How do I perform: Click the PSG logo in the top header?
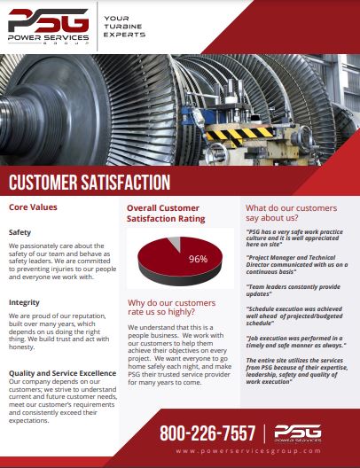click(49, 27)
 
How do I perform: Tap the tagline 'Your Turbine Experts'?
click(124, 27)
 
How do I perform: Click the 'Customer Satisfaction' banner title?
click(90, 182)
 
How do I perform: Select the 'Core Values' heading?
click(33, 207)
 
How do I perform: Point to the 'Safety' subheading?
click(20, 232)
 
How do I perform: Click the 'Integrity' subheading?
click(24, 302)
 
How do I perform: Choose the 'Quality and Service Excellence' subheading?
click(62, 373)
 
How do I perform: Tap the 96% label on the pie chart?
click(198, 259)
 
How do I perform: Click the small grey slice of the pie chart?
click(176, 243)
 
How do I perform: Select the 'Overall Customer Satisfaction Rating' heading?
click(166, 213)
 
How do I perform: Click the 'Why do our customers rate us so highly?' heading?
click(172, 307)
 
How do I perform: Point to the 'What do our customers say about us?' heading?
click(292, 213)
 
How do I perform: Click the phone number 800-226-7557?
click(207, 433)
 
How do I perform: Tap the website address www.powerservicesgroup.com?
click(248, 451)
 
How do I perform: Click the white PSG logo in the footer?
click(298, 433)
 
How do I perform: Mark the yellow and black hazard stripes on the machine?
click(239, 134)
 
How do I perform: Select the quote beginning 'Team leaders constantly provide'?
click(293, 290)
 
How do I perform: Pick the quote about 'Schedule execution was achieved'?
click(294, 316)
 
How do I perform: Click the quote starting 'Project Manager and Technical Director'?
click(297, 264)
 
